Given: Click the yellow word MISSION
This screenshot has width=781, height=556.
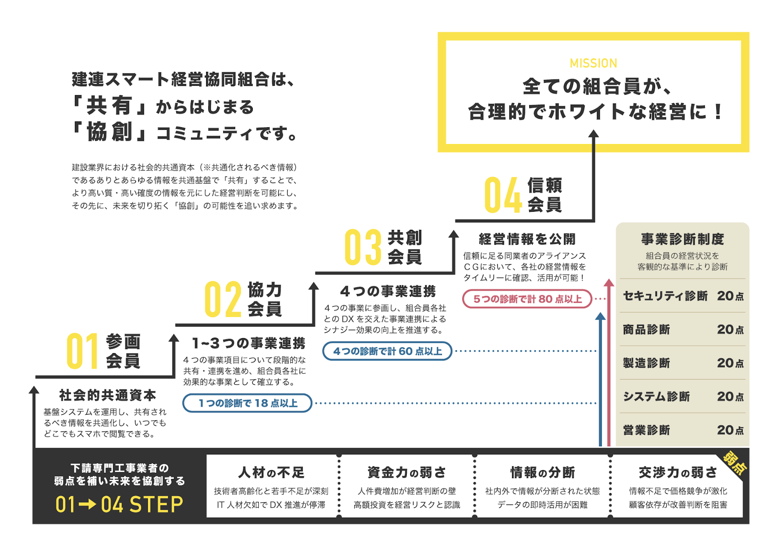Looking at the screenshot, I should click(593, 63).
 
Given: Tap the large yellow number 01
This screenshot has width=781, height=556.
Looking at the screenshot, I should click(82, 351).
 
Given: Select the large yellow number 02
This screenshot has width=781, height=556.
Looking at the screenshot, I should click(223, 299).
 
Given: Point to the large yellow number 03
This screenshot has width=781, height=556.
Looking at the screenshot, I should click(363, 247).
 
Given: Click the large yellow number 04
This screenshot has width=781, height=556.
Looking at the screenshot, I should click(503, 195).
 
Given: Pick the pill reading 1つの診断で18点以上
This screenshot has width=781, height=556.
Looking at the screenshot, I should click(247, 403).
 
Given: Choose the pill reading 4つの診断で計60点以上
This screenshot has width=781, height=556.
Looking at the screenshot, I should click(387, 351).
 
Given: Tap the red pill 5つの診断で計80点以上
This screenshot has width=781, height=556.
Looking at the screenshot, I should click(527, 299).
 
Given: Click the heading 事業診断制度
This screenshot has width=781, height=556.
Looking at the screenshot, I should click(682, 239).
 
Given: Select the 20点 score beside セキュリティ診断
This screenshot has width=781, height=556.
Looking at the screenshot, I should click(730, 296).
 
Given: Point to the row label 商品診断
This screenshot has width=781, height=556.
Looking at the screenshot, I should click(646, 330).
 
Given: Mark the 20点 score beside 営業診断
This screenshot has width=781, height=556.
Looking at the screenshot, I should click(730, 430).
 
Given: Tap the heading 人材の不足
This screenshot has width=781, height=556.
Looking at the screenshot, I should click(271, 473).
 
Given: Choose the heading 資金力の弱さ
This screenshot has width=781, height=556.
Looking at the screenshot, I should click(406, 473).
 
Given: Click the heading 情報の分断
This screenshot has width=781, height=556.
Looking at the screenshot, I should click(542, 473).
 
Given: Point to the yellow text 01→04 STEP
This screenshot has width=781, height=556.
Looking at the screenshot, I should click(119, 504).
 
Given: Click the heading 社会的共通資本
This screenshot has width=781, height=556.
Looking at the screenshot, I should click(107, 395).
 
